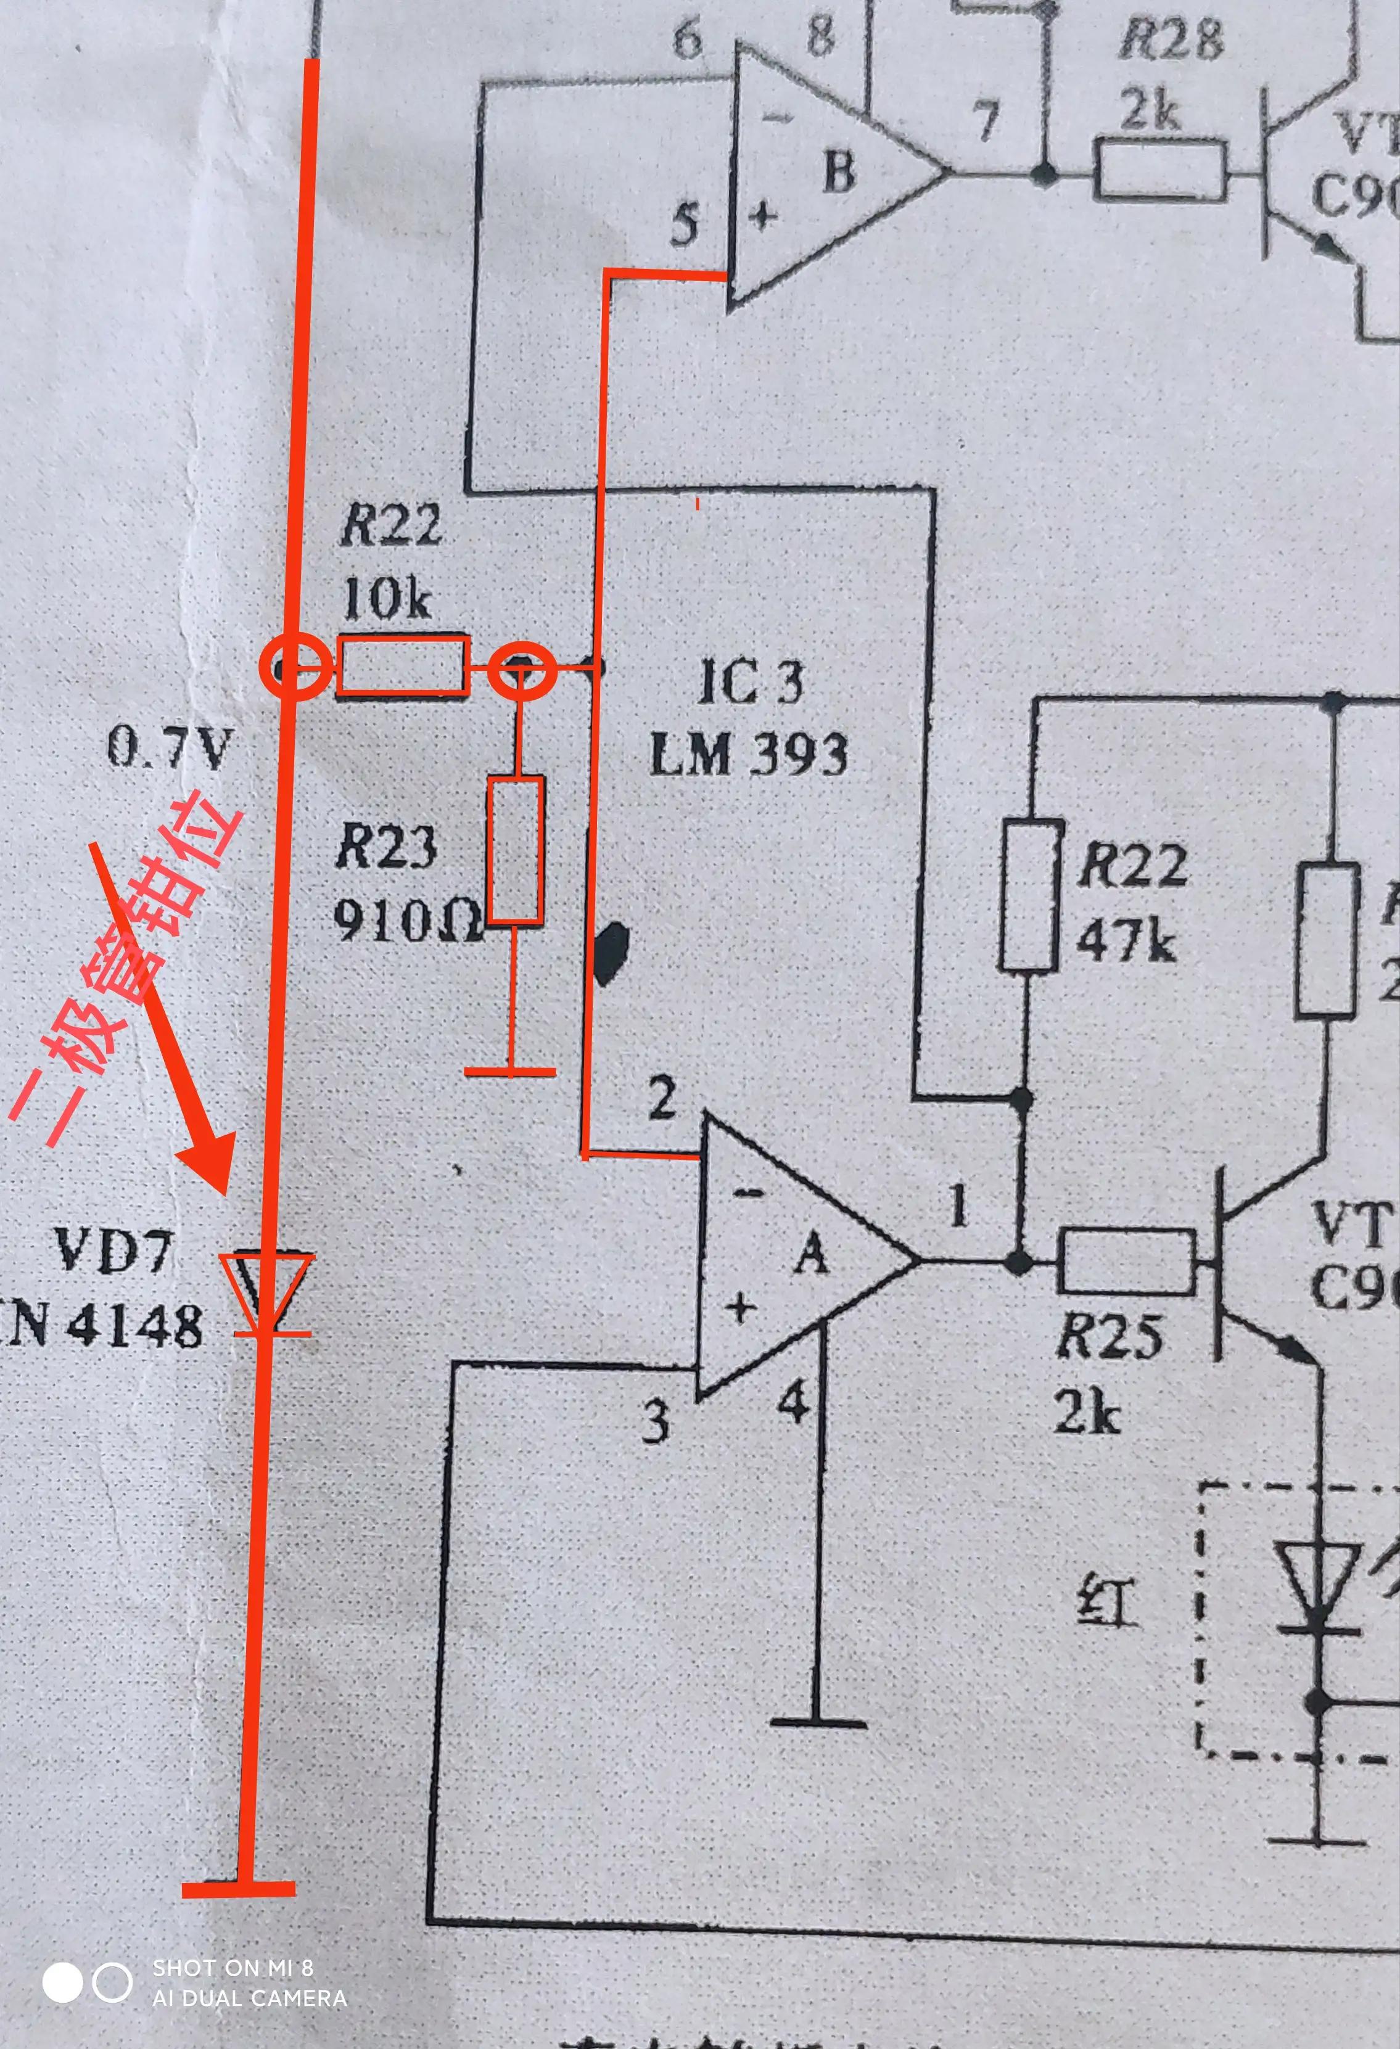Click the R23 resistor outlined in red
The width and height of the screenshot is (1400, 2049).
tap(516, 850)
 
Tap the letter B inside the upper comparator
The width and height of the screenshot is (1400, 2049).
tap(838, 170)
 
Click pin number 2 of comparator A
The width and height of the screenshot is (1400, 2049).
tap(663, 1098)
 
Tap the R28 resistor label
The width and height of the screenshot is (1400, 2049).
tap(1171, 41)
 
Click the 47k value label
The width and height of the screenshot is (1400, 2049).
tap(1126, 942)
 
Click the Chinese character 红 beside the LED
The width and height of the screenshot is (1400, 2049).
tap(1108, 1600)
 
